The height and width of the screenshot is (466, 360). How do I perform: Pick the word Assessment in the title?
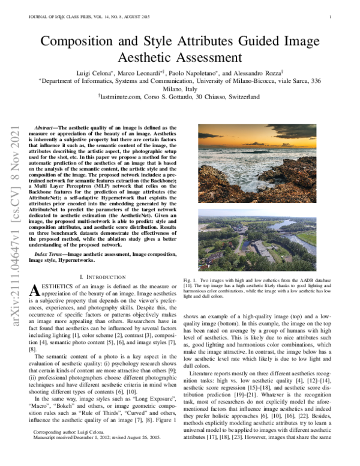pos(179,58)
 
